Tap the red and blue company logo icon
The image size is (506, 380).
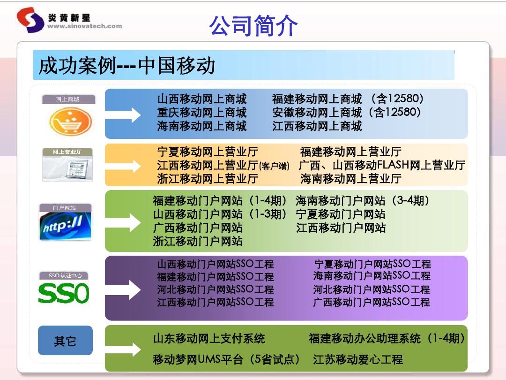(30, 20)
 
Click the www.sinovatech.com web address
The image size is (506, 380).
(84, 27)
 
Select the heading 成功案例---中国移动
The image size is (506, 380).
(126, 66)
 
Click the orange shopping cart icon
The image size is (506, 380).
(71, 121)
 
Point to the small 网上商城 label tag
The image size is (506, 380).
(68, 99)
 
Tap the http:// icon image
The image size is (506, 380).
(65, 226)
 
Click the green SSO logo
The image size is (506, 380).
(63, 294)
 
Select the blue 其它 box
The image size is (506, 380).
(65, 341)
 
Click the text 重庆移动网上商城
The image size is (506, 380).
(201, 113)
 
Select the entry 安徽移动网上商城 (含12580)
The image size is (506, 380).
(347, 113)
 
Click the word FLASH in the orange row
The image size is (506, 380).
(393, 165)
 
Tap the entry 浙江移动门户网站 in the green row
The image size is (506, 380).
(198, 241)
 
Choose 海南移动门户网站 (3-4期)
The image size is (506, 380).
(363, 201)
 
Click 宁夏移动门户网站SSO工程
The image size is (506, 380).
(372, 264)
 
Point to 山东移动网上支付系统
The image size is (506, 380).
(209, 338)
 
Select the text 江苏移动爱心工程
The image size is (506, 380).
(358, 360)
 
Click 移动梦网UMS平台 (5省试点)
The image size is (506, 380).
(227, 360)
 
